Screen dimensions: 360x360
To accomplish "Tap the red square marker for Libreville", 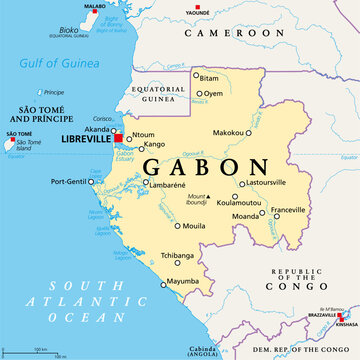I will point(118,139).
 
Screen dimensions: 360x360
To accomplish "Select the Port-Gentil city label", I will point(69,181).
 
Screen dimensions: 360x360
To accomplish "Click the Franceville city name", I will point(288,209).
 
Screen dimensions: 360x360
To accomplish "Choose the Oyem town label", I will point(214,94).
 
